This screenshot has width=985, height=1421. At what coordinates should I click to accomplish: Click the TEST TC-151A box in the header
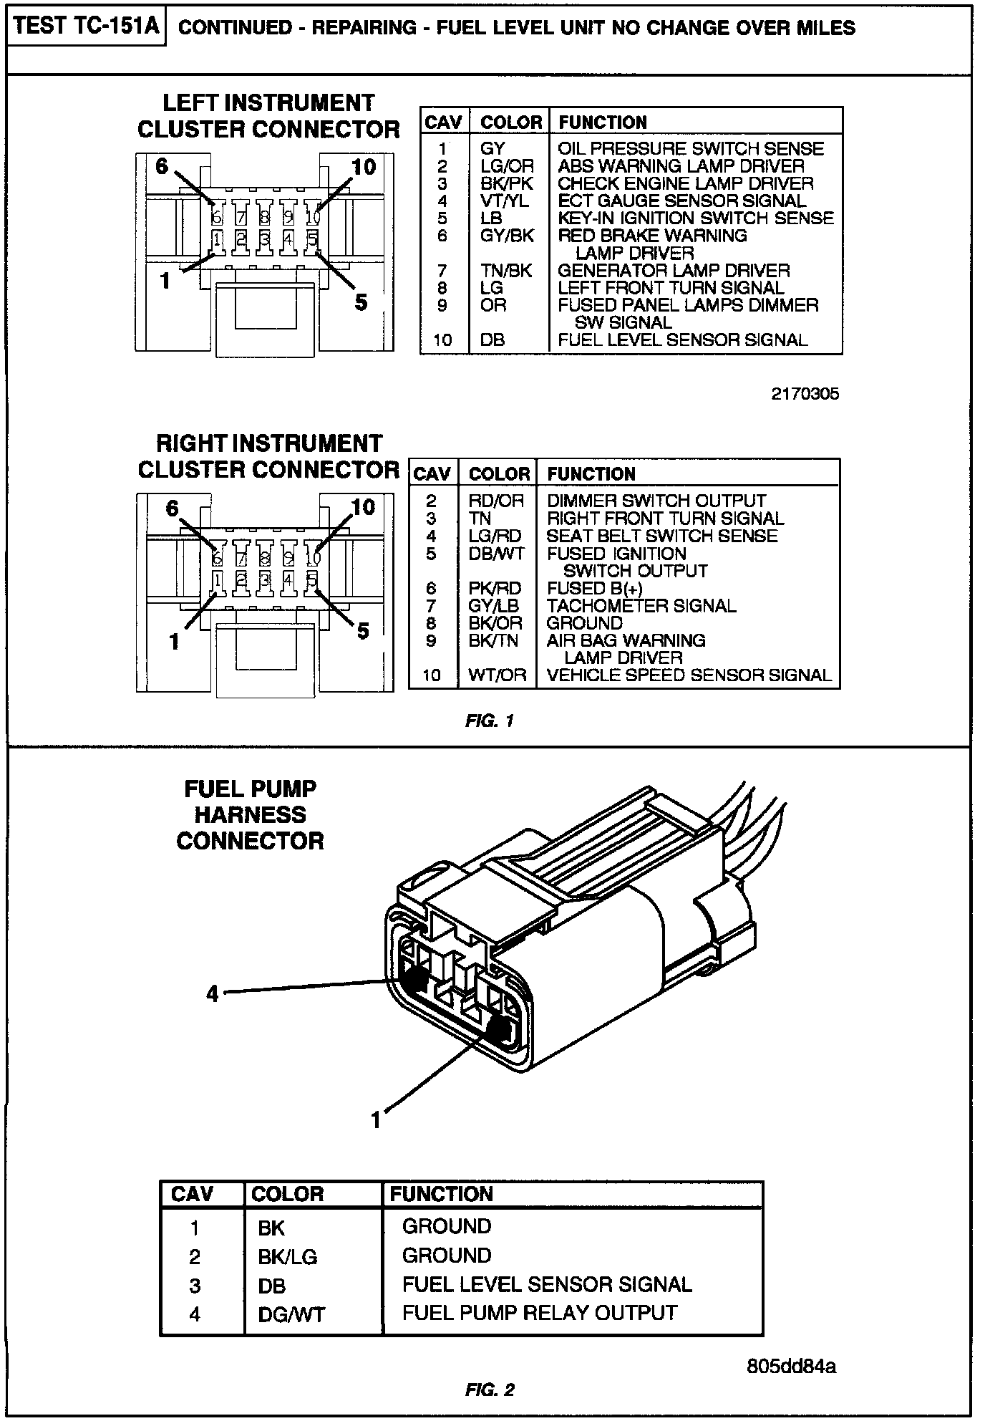(86, 27)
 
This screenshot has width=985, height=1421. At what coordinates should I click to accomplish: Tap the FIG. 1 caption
(490, 721)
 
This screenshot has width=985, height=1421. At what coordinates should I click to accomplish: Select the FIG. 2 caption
(490, 1390)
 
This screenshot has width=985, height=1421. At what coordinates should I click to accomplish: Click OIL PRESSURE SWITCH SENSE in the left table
(691, 149)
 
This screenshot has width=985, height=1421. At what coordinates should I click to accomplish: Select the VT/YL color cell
(505, 201)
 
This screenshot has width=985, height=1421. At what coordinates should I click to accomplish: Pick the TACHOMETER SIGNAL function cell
(641, 606)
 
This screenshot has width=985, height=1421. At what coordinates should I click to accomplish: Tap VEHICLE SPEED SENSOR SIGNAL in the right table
(689, 675)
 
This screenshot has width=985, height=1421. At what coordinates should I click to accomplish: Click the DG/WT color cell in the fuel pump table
(291, 1314)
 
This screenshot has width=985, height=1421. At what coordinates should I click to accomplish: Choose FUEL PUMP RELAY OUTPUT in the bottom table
(540, 1313)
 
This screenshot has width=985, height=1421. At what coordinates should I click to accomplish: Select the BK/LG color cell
(287, 1256)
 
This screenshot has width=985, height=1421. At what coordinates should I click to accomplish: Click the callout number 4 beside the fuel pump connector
(213, 994)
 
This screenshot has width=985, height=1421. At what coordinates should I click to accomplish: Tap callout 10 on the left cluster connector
(364, 167)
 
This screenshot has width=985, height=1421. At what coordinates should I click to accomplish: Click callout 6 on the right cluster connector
(172, 509)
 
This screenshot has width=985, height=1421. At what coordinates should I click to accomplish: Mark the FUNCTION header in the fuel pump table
(441, 1194)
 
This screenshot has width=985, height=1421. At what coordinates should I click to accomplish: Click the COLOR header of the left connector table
(511, 122)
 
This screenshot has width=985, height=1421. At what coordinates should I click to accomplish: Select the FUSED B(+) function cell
(594, 589)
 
